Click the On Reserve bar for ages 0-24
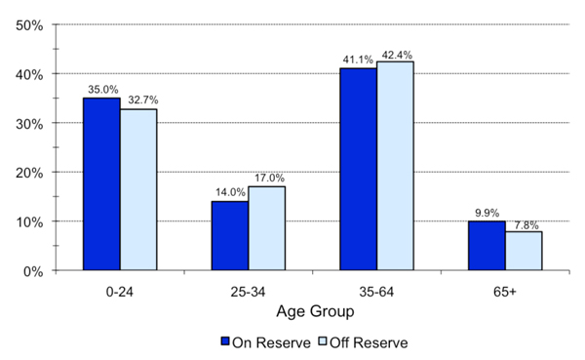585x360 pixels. pos(101,184)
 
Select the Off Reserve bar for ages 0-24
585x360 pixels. pos(138,190)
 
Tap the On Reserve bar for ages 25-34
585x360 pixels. pos(230,236)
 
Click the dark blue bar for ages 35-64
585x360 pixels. pos(359,170)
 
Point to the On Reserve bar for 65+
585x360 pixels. pos(487,246)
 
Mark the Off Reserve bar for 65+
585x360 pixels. pos(524,252)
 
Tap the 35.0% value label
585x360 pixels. pos(101,89)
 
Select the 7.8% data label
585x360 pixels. pos(525,223)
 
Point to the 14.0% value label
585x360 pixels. pos(230,192)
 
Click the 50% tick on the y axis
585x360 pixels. pos(28,25)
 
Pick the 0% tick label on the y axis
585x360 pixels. pos(32,271)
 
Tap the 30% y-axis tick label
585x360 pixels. pos(28,124)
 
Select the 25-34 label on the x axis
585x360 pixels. pos(249,291)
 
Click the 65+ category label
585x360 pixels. pos(505,291)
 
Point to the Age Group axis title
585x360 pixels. pos(313,313)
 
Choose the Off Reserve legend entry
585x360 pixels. pos(363,342)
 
